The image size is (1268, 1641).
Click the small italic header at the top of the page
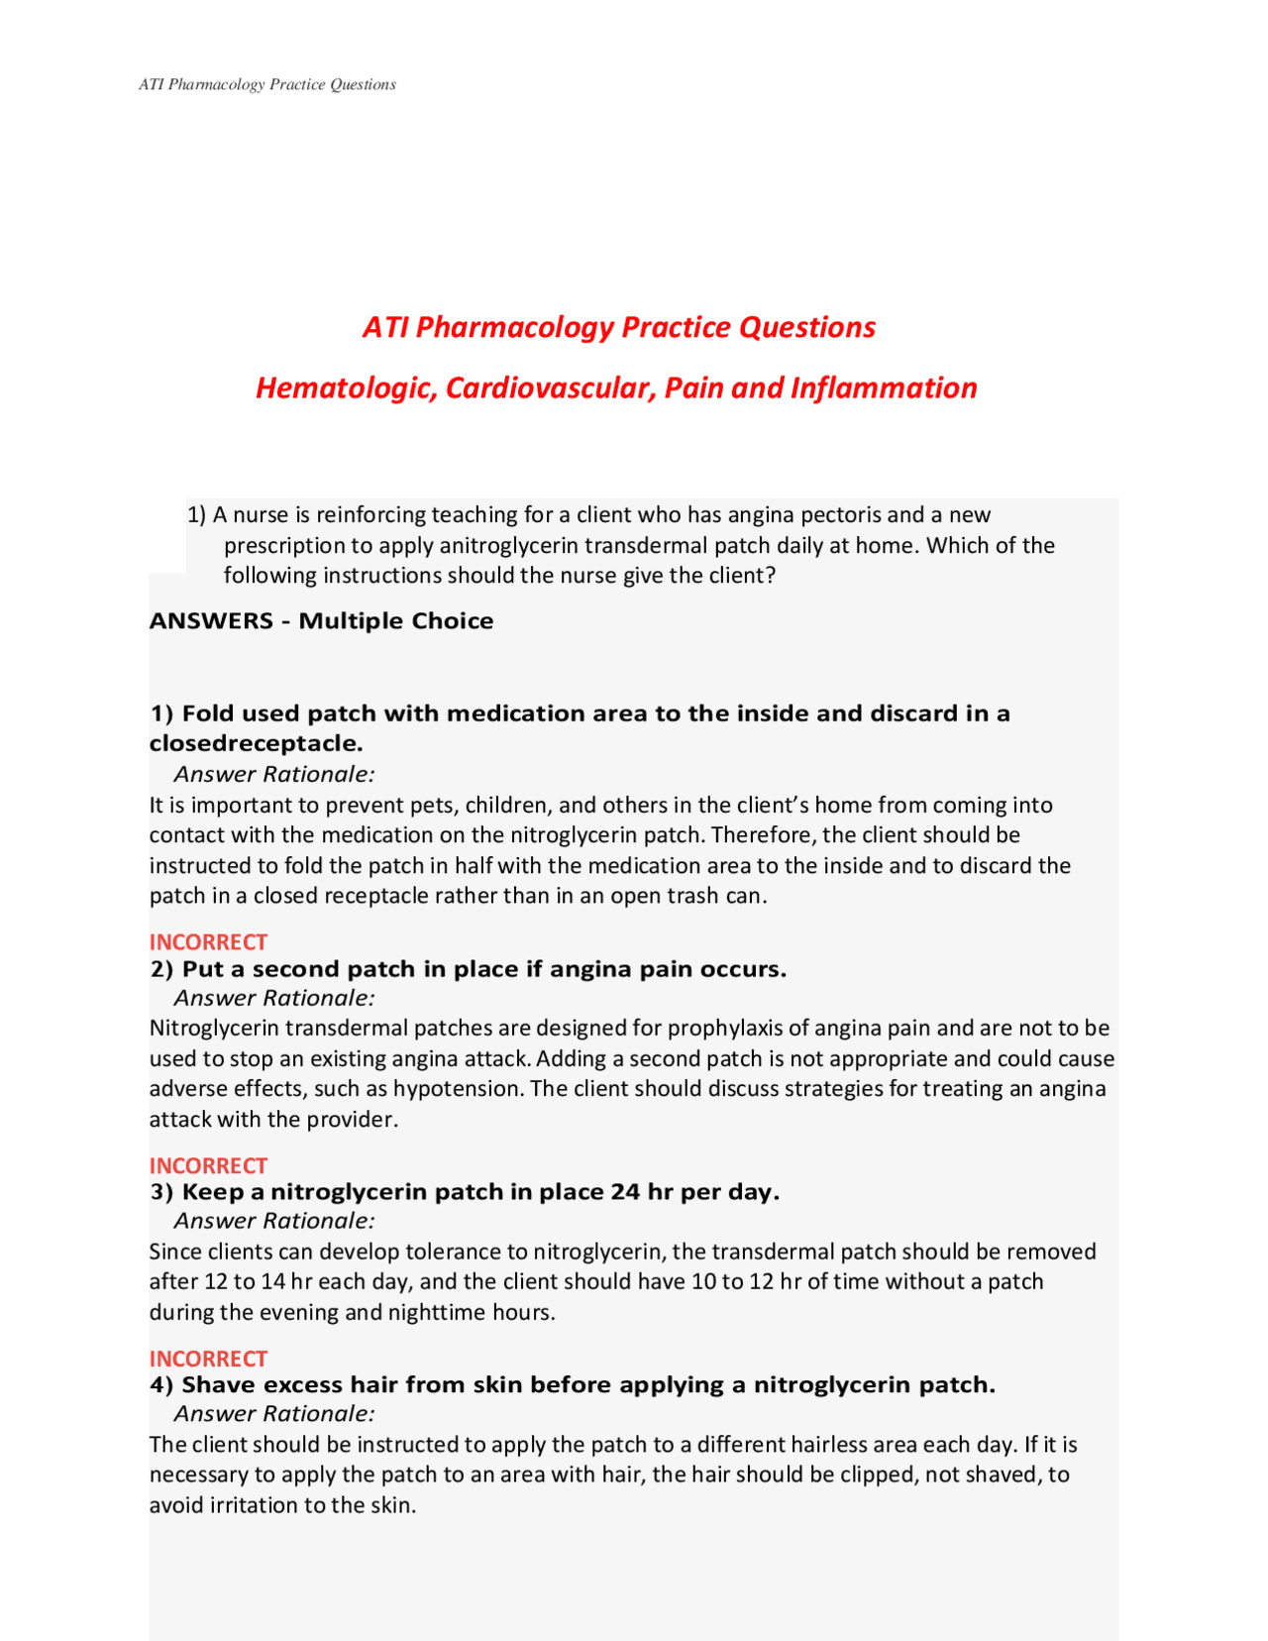pos(267,84)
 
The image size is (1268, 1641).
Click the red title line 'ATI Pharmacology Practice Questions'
pos(619,327)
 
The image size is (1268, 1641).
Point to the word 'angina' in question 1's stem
pos(761,514)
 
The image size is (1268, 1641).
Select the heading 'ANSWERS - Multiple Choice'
pos(321,620)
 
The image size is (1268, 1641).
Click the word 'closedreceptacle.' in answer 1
pos(257,743)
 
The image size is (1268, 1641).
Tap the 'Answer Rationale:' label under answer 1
pos(274,774)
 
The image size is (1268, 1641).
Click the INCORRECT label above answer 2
pos(208,941)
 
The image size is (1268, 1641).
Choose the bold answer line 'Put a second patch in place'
pos(469,968)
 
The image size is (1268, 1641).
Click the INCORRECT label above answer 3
pos(208,1165)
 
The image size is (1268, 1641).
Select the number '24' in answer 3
pos(625,1191)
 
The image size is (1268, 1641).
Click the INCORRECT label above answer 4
pos(208,1359)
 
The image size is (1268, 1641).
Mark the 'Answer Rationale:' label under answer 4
pos(274,1414)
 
